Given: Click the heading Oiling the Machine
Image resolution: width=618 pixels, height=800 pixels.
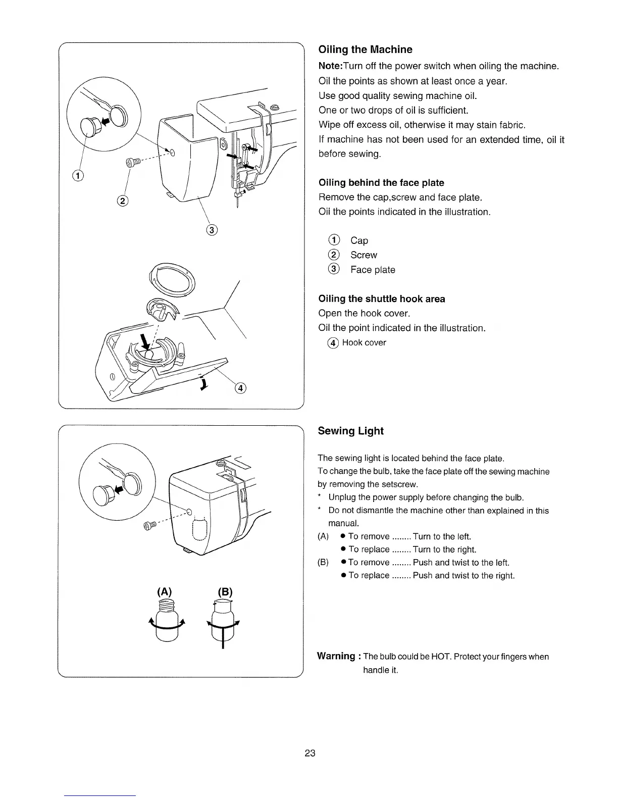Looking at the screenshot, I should tap(365, 49).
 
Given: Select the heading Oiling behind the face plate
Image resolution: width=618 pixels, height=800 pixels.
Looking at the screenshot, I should tap(381, 183).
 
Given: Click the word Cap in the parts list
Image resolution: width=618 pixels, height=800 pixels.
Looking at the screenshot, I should tap(359, 241).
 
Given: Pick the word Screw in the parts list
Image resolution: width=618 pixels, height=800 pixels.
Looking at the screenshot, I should tap(364, 256).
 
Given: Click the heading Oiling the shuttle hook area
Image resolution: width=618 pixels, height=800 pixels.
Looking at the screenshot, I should tap(382, 299).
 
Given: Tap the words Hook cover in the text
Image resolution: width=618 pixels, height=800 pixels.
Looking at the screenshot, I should tap(364, 343).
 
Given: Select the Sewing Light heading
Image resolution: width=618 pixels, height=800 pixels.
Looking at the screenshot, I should tap(350, 431).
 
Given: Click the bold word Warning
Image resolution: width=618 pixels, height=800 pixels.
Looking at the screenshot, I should tap(336, 656).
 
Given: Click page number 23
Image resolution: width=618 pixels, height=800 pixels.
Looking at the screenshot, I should tap(310, 754).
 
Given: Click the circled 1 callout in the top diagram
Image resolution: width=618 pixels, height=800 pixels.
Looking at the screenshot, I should tap(78, 176).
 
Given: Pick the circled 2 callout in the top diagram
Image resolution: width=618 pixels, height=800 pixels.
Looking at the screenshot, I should tap(122, 201).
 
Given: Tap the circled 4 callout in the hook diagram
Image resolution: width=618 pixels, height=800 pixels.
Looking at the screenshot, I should tap(241, 388).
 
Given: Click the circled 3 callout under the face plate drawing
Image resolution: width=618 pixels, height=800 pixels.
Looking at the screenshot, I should tap(212, 231).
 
